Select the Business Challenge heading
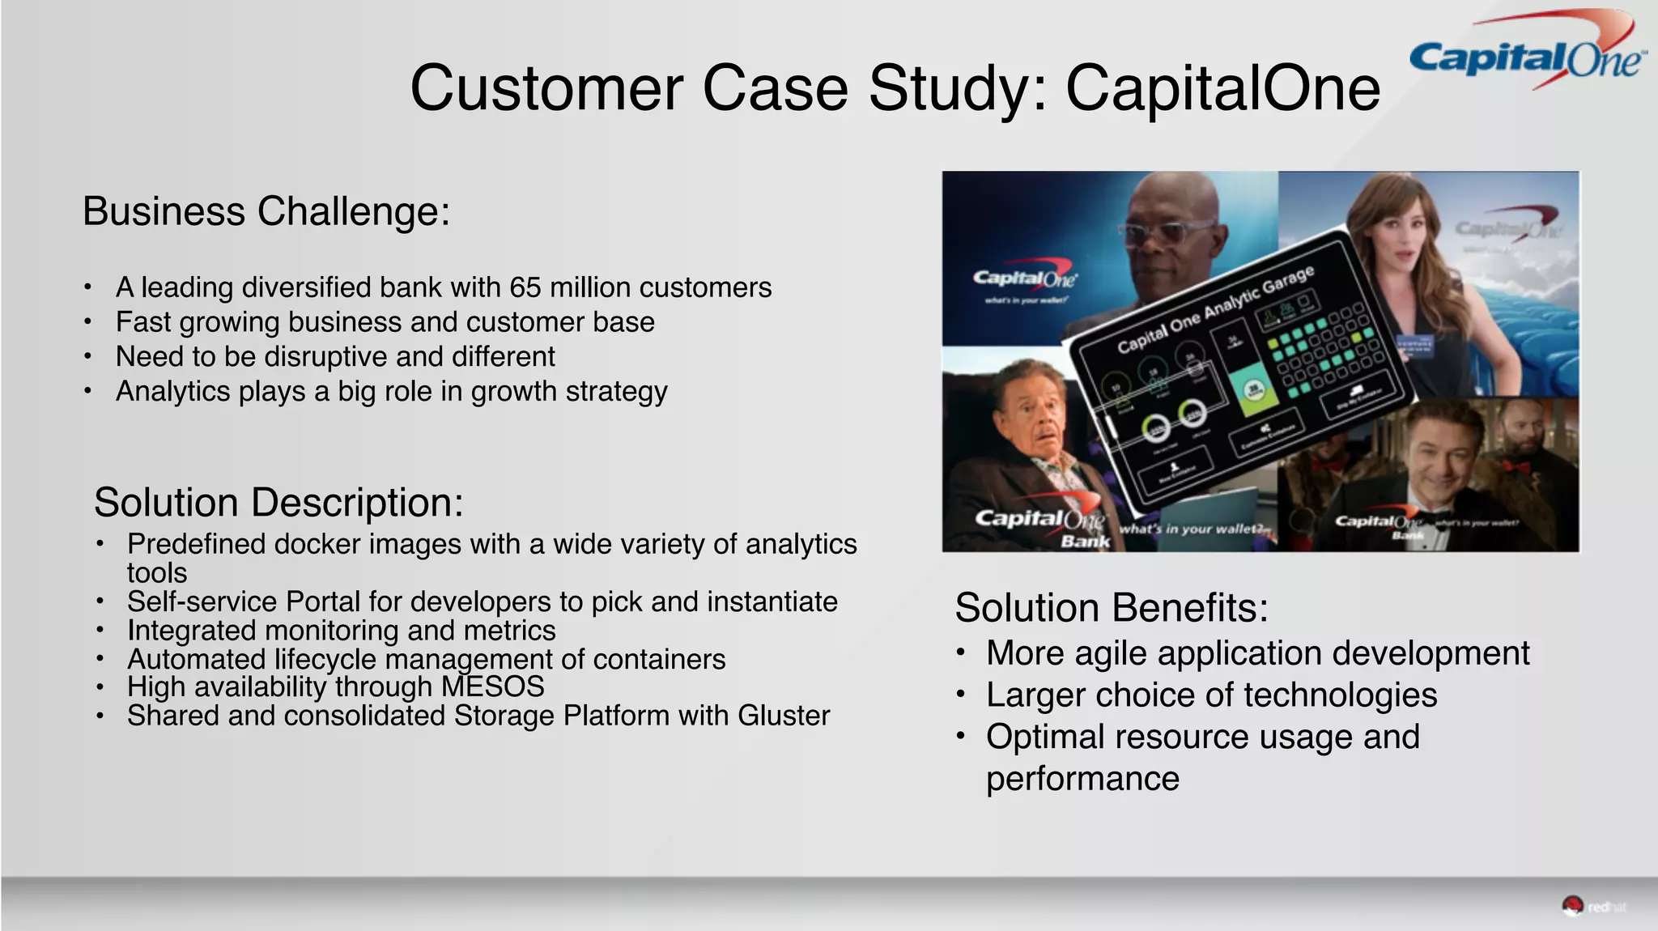coord(266,212)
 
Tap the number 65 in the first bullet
coord(525,287)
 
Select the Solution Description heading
coord(278,503)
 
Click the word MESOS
coord(492,687)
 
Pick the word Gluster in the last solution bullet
coord(783,716)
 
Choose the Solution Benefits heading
coord(1111,608)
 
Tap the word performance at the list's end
coord(1082,779)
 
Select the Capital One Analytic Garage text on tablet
coord(1214,309)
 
